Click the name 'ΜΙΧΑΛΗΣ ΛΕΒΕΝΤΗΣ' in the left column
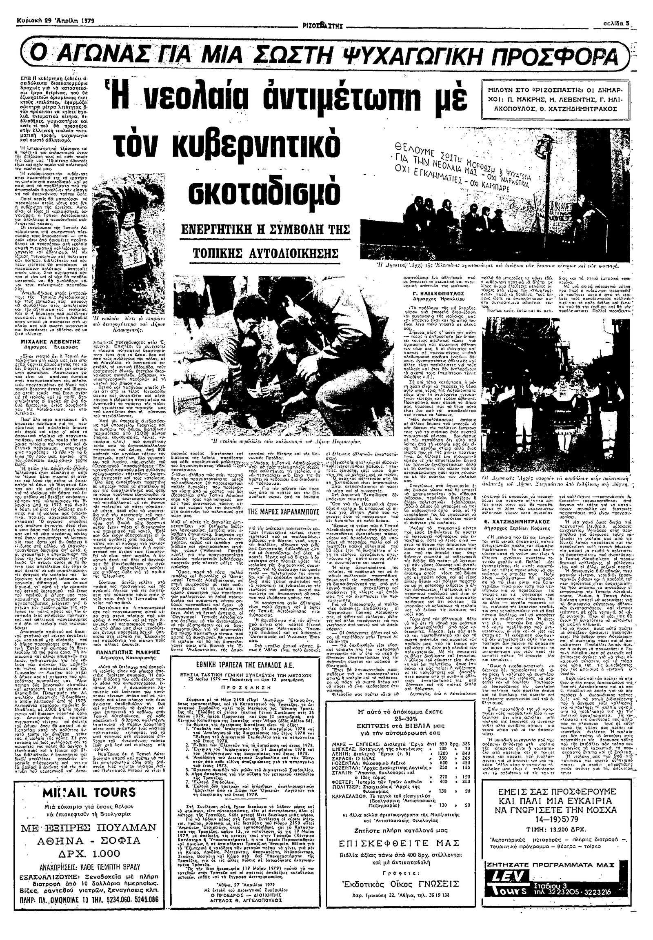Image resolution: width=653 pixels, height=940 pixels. coord(53,340)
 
